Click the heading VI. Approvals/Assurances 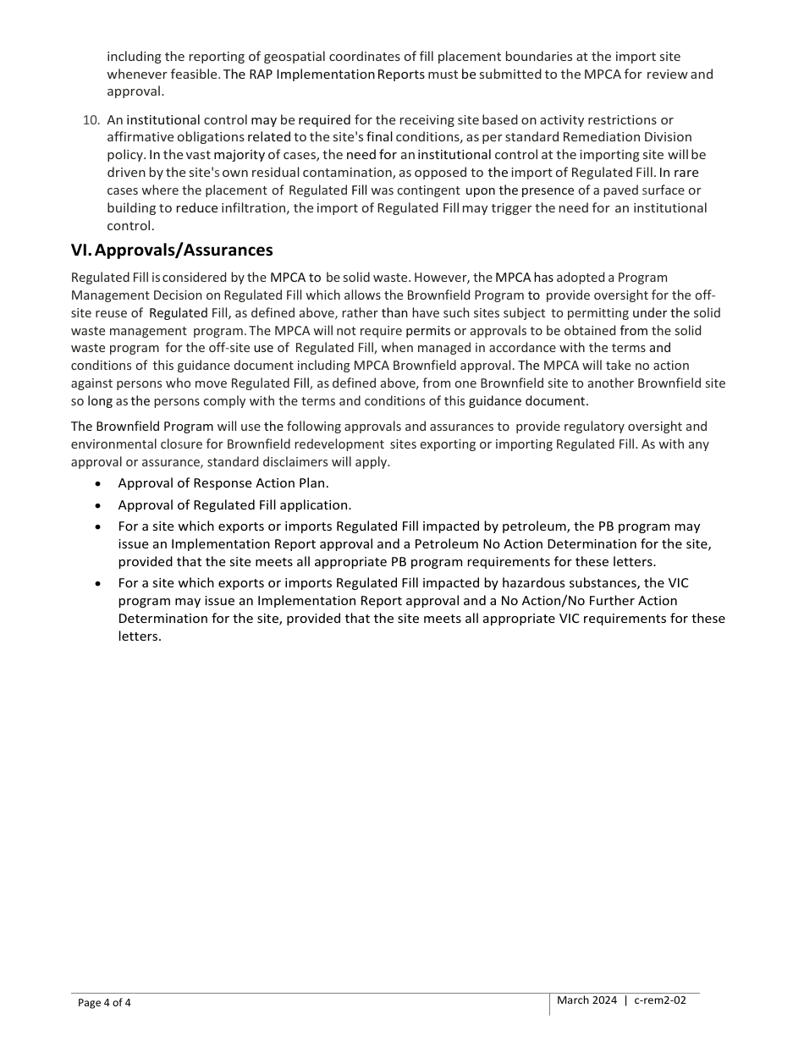coord(172,250)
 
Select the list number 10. coord(91,120)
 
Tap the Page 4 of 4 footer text coord(104,1003)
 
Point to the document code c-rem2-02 coord(660,1000)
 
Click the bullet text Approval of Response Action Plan coord(223,483)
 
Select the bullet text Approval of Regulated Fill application coord(234,505)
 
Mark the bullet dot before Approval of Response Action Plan coord(99,484)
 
